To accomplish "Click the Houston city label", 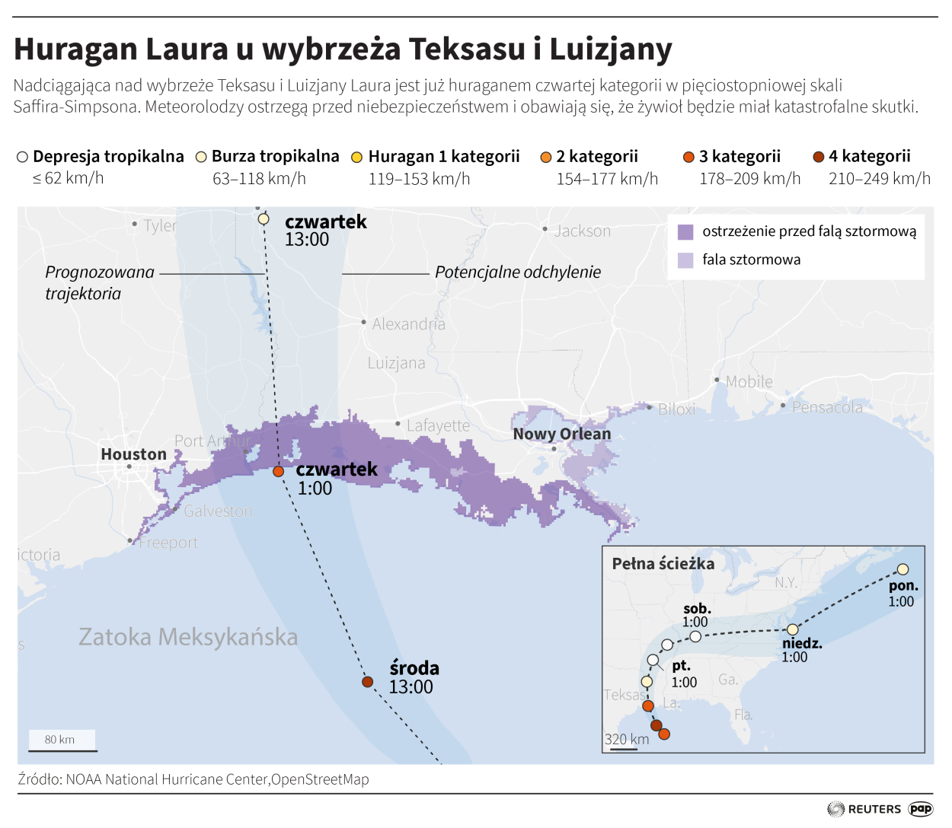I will (x=133, y=454).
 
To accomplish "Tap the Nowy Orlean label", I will (x=561, y=434).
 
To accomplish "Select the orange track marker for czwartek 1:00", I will (x=279, y=472).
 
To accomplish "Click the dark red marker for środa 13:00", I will (x=368, y=682).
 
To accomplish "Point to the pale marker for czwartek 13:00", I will (x=264, y=219).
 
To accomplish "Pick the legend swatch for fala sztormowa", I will (x=685, y=260).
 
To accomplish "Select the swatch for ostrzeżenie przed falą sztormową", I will (x=685, y=232).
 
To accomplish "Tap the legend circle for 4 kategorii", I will (x=819, y=157).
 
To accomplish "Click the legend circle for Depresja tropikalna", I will (x=22, y=157).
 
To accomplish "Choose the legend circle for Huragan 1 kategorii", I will (x=356, y=157).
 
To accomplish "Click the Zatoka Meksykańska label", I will (x=188, y=636).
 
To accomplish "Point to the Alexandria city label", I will (x=408, y=324).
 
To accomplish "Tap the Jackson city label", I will (x=582, y=231).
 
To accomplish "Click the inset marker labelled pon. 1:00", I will (x=902, y=569).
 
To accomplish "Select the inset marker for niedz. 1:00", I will (x=793, y=629).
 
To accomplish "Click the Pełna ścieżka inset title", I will (x=663, y=564).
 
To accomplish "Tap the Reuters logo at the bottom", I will (x=864, y=809).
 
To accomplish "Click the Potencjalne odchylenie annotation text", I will (x=517, y=272).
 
